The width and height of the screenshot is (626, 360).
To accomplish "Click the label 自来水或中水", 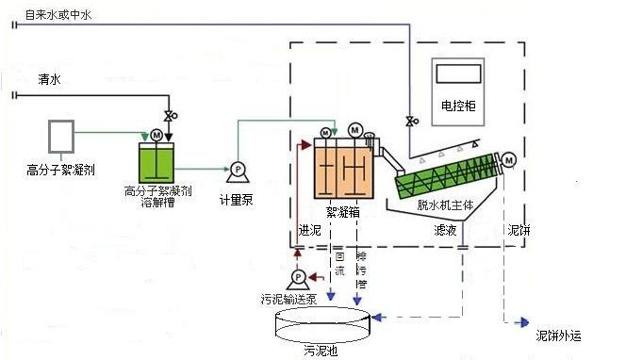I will coord(58,14).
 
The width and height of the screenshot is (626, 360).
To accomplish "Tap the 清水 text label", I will coord(48,79).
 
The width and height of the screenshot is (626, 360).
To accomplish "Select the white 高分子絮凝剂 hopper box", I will coord(61,136).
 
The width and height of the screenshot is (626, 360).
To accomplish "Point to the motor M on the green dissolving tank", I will coord(156,135).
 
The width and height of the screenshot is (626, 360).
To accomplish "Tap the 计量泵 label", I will coord(237,199).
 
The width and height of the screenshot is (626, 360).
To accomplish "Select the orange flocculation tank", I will coord(343,171).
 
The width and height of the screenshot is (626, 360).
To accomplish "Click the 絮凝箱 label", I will coord(341,212).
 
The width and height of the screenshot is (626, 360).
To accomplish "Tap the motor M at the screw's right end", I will coord(510,160).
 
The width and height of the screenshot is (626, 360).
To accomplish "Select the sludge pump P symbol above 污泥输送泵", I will coord(298,277).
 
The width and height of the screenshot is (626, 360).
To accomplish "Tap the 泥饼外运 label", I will coord(558,335).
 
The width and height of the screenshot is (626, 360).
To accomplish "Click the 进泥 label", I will coord(309,230).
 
